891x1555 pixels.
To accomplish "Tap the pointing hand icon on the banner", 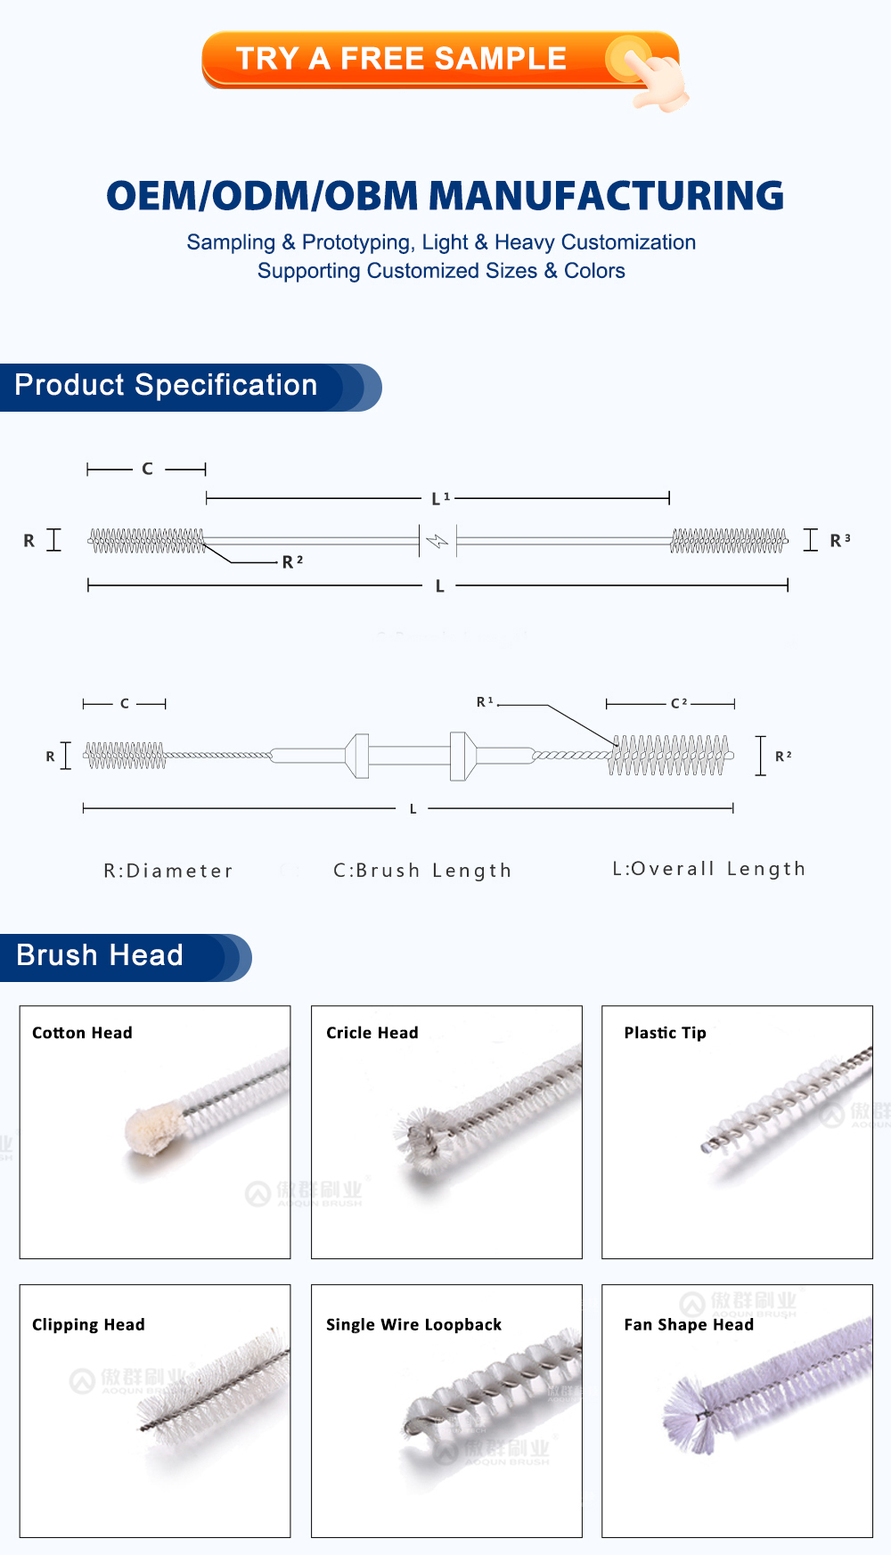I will coord(655,77).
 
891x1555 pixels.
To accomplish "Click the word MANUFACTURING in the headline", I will coord(611,196).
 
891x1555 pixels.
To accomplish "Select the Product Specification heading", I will coord(167,385).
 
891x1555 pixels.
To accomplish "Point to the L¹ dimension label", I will coord(440,498).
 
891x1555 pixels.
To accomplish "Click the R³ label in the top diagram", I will coord(839,540).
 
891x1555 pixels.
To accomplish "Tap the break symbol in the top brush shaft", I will coord(437,541).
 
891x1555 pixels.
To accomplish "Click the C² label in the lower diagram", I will coord(678,703).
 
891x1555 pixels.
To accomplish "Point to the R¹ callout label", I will coord(485,702).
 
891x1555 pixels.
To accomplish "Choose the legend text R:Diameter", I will coord(168,871).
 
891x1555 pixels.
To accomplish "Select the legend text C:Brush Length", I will coord(422,871).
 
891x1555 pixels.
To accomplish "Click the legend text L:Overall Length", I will coord(708,869).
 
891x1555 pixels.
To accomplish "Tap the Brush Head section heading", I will coord(100,955).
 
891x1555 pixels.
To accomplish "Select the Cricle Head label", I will coord(372,1033).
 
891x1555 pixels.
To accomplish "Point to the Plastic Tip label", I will coord(665,1033).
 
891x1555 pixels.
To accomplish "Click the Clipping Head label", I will coord(88,1325).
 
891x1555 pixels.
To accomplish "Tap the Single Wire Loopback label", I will coord(413,1325).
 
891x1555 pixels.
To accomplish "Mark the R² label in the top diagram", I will coord(292,561).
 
